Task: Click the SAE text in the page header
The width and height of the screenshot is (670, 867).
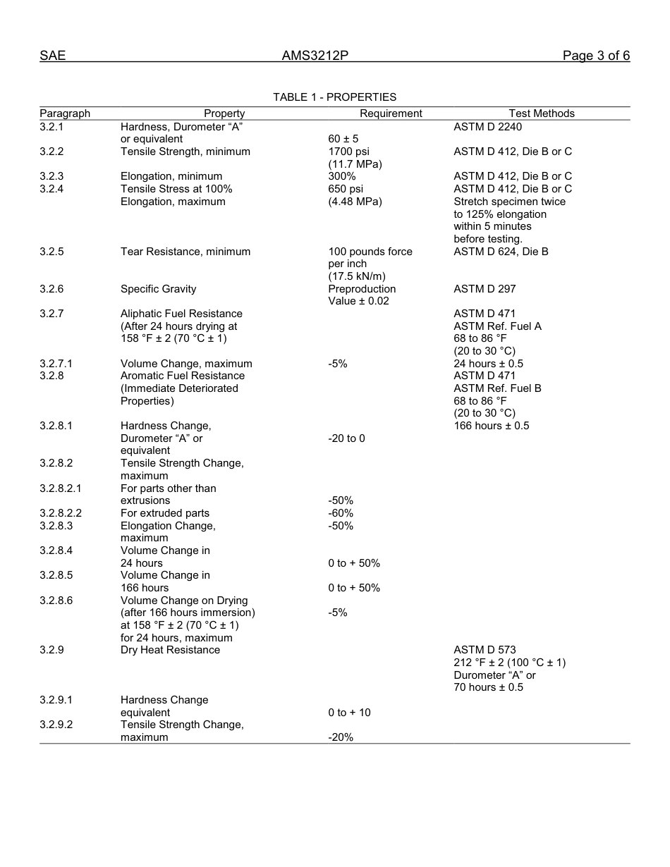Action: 52,56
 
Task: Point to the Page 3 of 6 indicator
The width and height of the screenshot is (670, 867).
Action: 596,56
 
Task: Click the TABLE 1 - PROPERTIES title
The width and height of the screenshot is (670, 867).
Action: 334,97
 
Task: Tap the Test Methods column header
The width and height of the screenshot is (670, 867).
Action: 542,113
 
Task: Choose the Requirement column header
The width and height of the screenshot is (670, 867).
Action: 391,113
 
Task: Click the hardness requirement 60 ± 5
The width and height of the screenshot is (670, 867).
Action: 343,139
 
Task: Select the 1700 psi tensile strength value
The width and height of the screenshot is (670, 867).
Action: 348,152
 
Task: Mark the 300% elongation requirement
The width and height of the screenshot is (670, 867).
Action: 342,176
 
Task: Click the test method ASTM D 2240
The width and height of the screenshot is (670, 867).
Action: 487,127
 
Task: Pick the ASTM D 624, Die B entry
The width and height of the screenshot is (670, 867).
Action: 501,252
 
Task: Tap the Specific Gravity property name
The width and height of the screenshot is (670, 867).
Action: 158,289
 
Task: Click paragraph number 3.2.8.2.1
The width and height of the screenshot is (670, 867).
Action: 61,488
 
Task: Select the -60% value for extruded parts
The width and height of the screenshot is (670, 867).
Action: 341,513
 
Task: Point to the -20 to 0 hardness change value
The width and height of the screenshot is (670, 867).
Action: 346,438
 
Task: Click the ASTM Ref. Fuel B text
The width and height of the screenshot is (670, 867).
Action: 497,388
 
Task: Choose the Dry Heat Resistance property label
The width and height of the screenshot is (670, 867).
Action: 170,650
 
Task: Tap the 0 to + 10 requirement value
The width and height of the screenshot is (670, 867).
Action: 349,713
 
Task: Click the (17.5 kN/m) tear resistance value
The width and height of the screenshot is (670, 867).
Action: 357,276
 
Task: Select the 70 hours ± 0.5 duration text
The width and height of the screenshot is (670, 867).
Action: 488,687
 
